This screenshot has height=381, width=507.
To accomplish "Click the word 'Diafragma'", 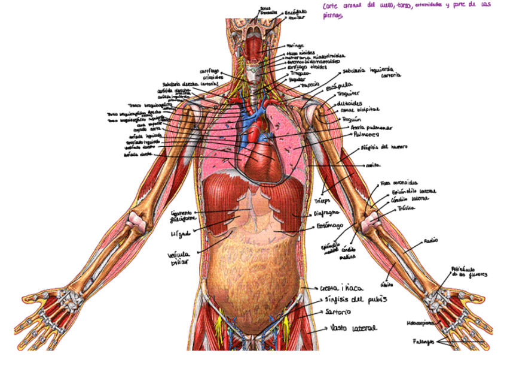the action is coord(326,213).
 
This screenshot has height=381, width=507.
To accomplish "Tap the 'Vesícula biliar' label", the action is coord(178,258).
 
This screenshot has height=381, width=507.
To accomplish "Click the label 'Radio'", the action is coord(430,240).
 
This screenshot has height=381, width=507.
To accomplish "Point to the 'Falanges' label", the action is coord(423,342).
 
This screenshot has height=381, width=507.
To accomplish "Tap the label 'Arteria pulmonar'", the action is coord(372,128).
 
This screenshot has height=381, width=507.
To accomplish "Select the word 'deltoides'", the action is coord(350,102).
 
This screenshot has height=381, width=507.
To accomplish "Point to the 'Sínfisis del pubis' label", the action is coord(356,300).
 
